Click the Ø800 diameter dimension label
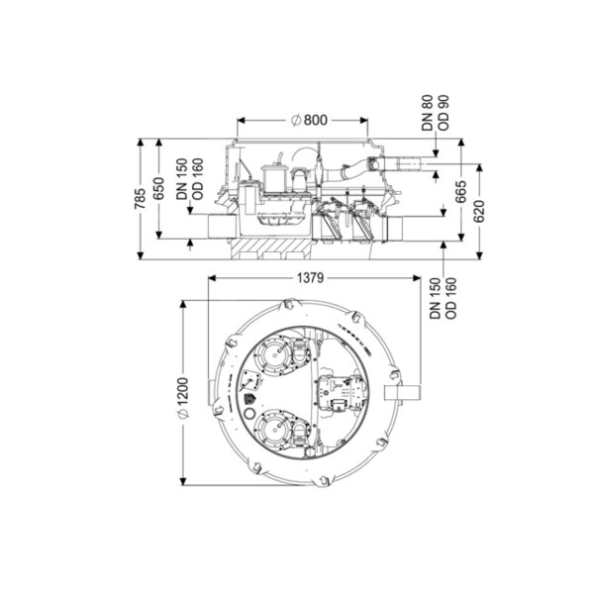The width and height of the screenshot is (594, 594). pos(309,120)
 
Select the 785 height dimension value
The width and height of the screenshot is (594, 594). pos(140,198)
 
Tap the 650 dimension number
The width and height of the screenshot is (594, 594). pos(158,188)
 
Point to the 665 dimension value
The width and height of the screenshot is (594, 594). pos(461,192)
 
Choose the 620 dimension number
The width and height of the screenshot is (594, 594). pos(479,212)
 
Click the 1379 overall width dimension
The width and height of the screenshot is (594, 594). pos(310,278)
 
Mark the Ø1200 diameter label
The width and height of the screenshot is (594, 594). pos(183,397)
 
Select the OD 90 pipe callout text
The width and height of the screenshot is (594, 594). pos(443,113)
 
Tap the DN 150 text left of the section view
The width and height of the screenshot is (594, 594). pos(181,179)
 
